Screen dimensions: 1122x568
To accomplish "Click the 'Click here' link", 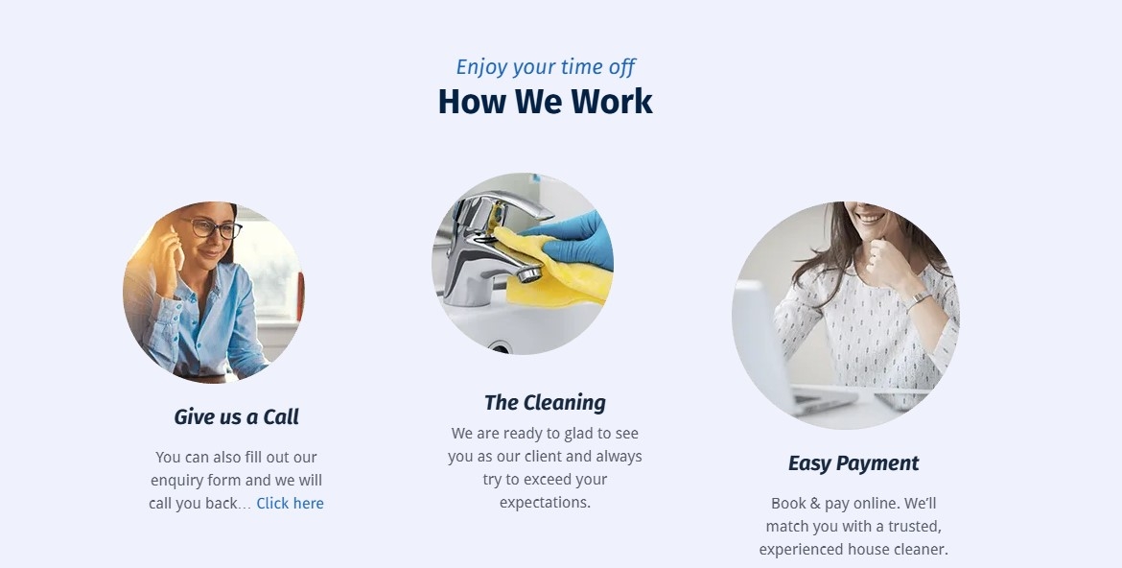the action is pos(290,504).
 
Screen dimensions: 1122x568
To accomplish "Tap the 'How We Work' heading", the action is pos(546,102).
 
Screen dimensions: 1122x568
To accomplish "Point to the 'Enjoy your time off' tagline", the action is pos(546,66).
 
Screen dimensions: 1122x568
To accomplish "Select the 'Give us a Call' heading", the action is pos(236,416).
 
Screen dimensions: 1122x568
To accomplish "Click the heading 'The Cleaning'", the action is pos(545,403).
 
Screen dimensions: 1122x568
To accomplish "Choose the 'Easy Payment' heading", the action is pos(853,463).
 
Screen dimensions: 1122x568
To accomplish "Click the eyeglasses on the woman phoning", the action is pos(213,228).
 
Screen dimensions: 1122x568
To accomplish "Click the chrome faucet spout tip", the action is pos(528,273).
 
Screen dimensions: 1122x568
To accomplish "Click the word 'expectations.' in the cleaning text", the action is pos(546,503).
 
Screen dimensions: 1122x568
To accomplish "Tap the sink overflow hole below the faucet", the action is pos(501,349).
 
